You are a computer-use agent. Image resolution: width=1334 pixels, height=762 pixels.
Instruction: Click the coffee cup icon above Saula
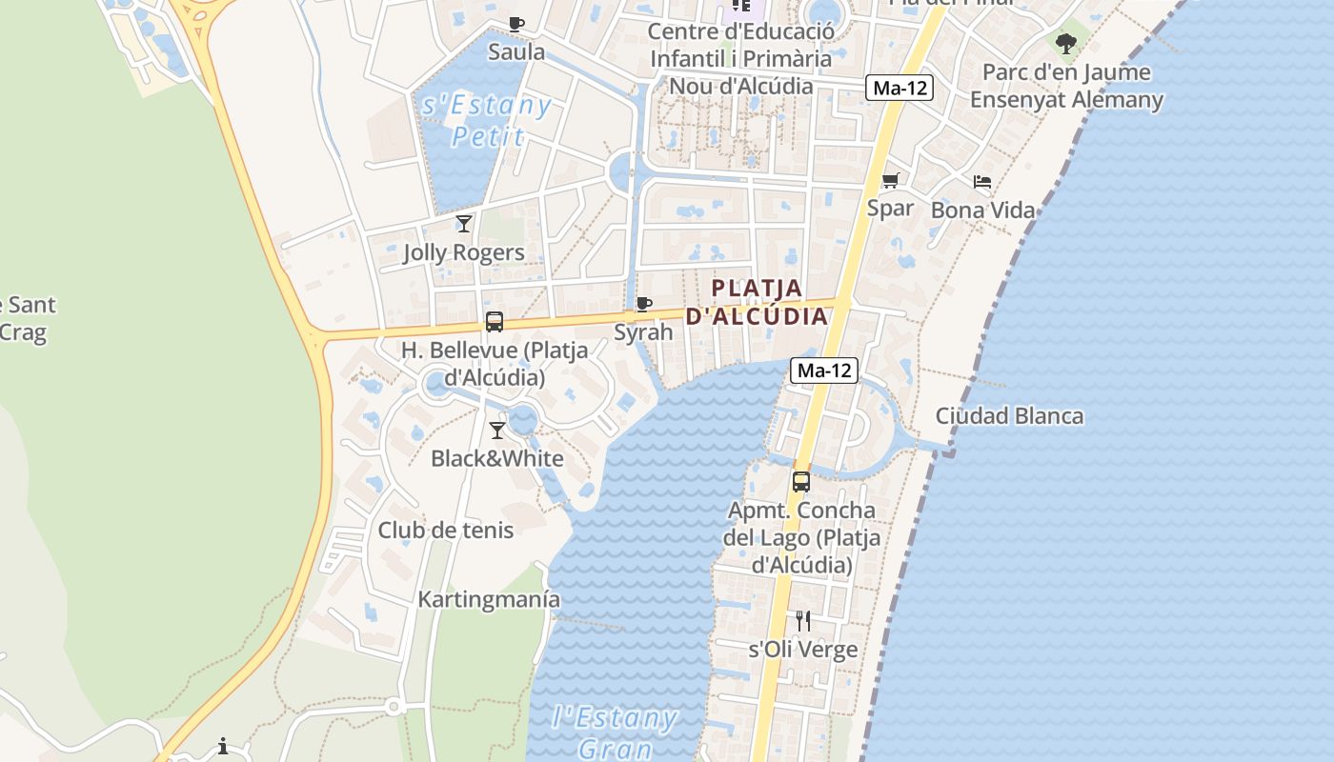(515, 24)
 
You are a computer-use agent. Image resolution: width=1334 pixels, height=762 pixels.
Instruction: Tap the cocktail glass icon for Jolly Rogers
(464, 224)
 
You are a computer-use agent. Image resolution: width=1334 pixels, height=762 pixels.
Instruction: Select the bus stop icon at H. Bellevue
(494, 322)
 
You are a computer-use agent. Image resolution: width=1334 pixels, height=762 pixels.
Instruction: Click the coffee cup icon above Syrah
(644, 305)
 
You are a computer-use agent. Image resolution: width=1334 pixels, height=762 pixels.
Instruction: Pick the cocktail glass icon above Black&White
(496, 431)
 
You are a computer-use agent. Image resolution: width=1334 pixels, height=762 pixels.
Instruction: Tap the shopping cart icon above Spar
(891, 180)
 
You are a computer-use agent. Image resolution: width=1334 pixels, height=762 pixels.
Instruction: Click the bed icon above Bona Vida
(982, 182)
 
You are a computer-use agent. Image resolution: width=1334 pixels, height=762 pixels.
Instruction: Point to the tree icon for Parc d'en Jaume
(1066, 43)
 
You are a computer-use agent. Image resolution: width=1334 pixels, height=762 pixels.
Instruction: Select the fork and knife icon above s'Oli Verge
(803, 621)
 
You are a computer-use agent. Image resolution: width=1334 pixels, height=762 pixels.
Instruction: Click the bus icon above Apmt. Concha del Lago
(801, 482)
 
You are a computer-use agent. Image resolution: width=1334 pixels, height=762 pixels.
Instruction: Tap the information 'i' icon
(223, 746)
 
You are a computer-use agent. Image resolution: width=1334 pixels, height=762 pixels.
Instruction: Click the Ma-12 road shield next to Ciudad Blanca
(824, 371)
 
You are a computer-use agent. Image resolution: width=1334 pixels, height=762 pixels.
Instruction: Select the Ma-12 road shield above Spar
(899, 89)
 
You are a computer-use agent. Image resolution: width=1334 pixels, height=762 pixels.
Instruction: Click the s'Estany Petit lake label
(487, 121)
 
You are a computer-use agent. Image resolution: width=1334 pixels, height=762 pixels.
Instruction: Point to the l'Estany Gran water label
(615, 732)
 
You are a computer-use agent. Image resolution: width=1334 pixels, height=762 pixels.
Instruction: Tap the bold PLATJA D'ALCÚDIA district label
(758, 302)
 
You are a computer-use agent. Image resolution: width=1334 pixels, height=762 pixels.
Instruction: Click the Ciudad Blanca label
(1009, 416)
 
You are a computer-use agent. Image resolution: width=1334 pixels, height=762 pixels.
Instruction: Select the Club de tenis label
(446, 531)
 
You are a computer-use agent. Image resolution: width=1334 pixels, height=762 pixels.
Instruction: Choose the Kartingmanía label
(489, 600)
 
